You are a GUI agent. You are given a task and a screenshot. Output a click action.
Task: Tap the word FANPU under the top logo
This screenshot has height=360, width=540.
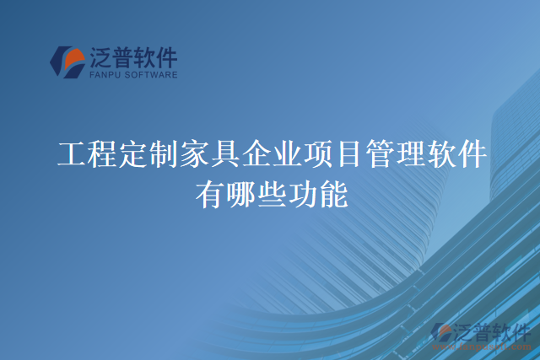pos(102,76)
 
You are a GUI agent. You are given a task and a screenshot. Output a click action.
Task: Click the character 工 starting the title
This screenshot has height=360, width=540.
pos(69,154)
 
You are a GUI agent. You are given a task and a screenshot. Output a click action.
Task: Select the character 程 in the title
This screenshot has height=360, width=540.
pos(100,154)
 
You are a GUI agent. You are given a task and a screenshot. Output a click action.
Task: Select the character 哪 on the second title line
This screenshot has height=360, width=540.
pos(240,196)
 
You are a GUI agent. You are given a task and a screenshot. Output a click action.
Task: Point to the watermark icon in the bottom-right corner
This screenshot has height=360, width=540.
pos(441,332)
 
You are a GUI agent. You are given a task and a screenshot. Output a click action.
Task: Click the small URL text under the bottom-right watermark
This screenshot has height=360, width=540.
pos(482,346)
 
